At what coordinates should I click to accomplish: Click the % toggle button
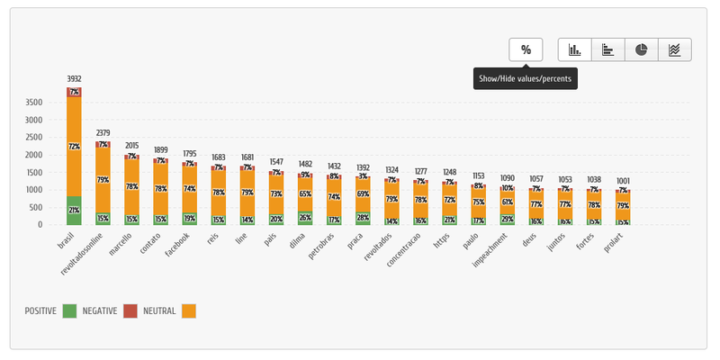pos(526,49)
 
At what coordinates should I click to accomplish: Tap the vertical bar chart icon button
pos(575,49)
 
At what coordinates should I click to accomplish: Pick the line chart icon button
pos(675,49)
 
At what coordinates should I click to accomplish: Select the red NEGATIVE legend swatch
pos(130,310)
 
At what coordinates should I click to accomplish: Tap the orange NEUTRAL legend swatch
pos(188,310)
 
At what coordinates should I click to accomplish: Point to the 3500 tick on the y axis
pos(33,102)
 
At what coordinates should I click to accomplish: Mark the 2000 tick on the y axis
pos(33,155)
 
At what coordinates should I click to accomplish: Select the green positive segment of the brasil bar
pos(74,211)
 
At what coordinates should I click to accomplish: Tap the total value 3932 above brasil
pos(74,79)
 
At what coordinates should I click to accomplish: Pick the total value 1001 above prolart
pos(622,181)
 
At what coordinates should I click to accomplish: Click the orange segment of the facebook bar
pos(190,189)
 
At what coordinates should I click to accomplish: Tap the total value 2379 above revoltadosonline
pos(103,133)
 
